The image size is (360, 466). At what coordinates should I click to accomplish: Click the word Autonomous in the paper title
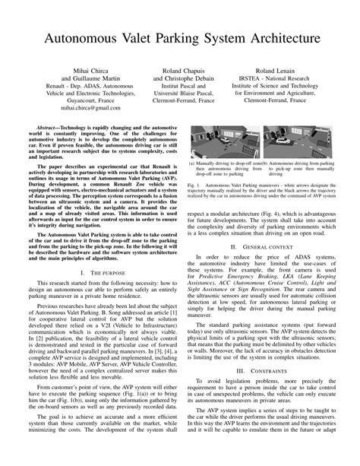81,37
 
